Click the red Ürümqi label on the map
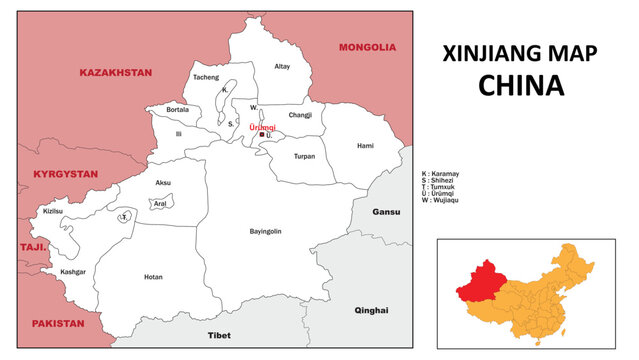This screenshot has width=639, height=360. point(261,127)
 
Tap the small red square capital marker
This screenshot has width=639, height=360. point(261,135)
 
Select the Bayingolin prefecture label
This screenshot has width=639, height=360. point(265,231)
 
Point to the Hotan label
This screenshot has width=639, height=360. point(153,277)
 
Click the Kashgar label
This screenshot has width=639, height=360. point(73,272)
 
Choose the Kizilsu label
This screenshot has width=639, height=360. point(53,211)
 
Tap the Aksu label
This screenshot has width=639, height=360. point(163,183)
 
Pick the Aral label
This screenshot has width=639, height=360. point(159,203)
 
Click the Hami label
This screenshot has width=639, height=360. point(365,146)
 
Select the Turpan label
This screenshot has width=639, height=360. point(304,157)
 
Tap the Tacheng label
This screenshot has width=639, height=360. point(205,77)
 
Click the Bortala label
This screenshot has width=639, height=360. point(177,109)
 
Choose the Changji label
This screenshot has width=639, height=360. point(300,115)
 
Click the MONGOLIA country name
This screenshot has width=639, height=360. point(367,47)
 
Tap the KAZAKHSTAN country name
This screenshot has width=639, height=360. point(115,73)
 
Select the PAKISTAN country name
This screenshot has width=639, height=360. point(58,324)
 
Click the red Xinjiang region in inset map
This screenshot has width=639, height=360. point(484,282)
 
